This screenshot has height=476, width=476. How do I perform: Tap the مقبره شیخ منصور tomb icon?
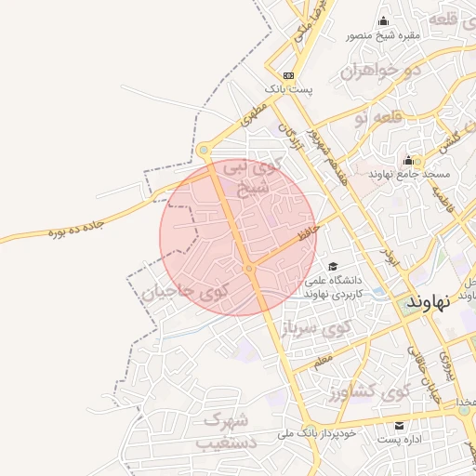384,22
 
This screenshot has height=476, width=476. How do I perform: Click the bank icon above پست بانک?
289,75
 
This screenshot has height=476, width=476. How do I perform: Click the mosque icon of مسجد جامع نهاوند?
408,161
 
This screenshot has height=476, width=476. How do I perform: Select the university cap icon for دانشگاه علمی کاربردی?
333,267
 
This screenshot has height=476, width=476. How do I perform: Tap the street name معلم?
323,359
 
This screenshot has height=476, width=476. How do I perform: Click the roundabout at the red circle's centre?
249,269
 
